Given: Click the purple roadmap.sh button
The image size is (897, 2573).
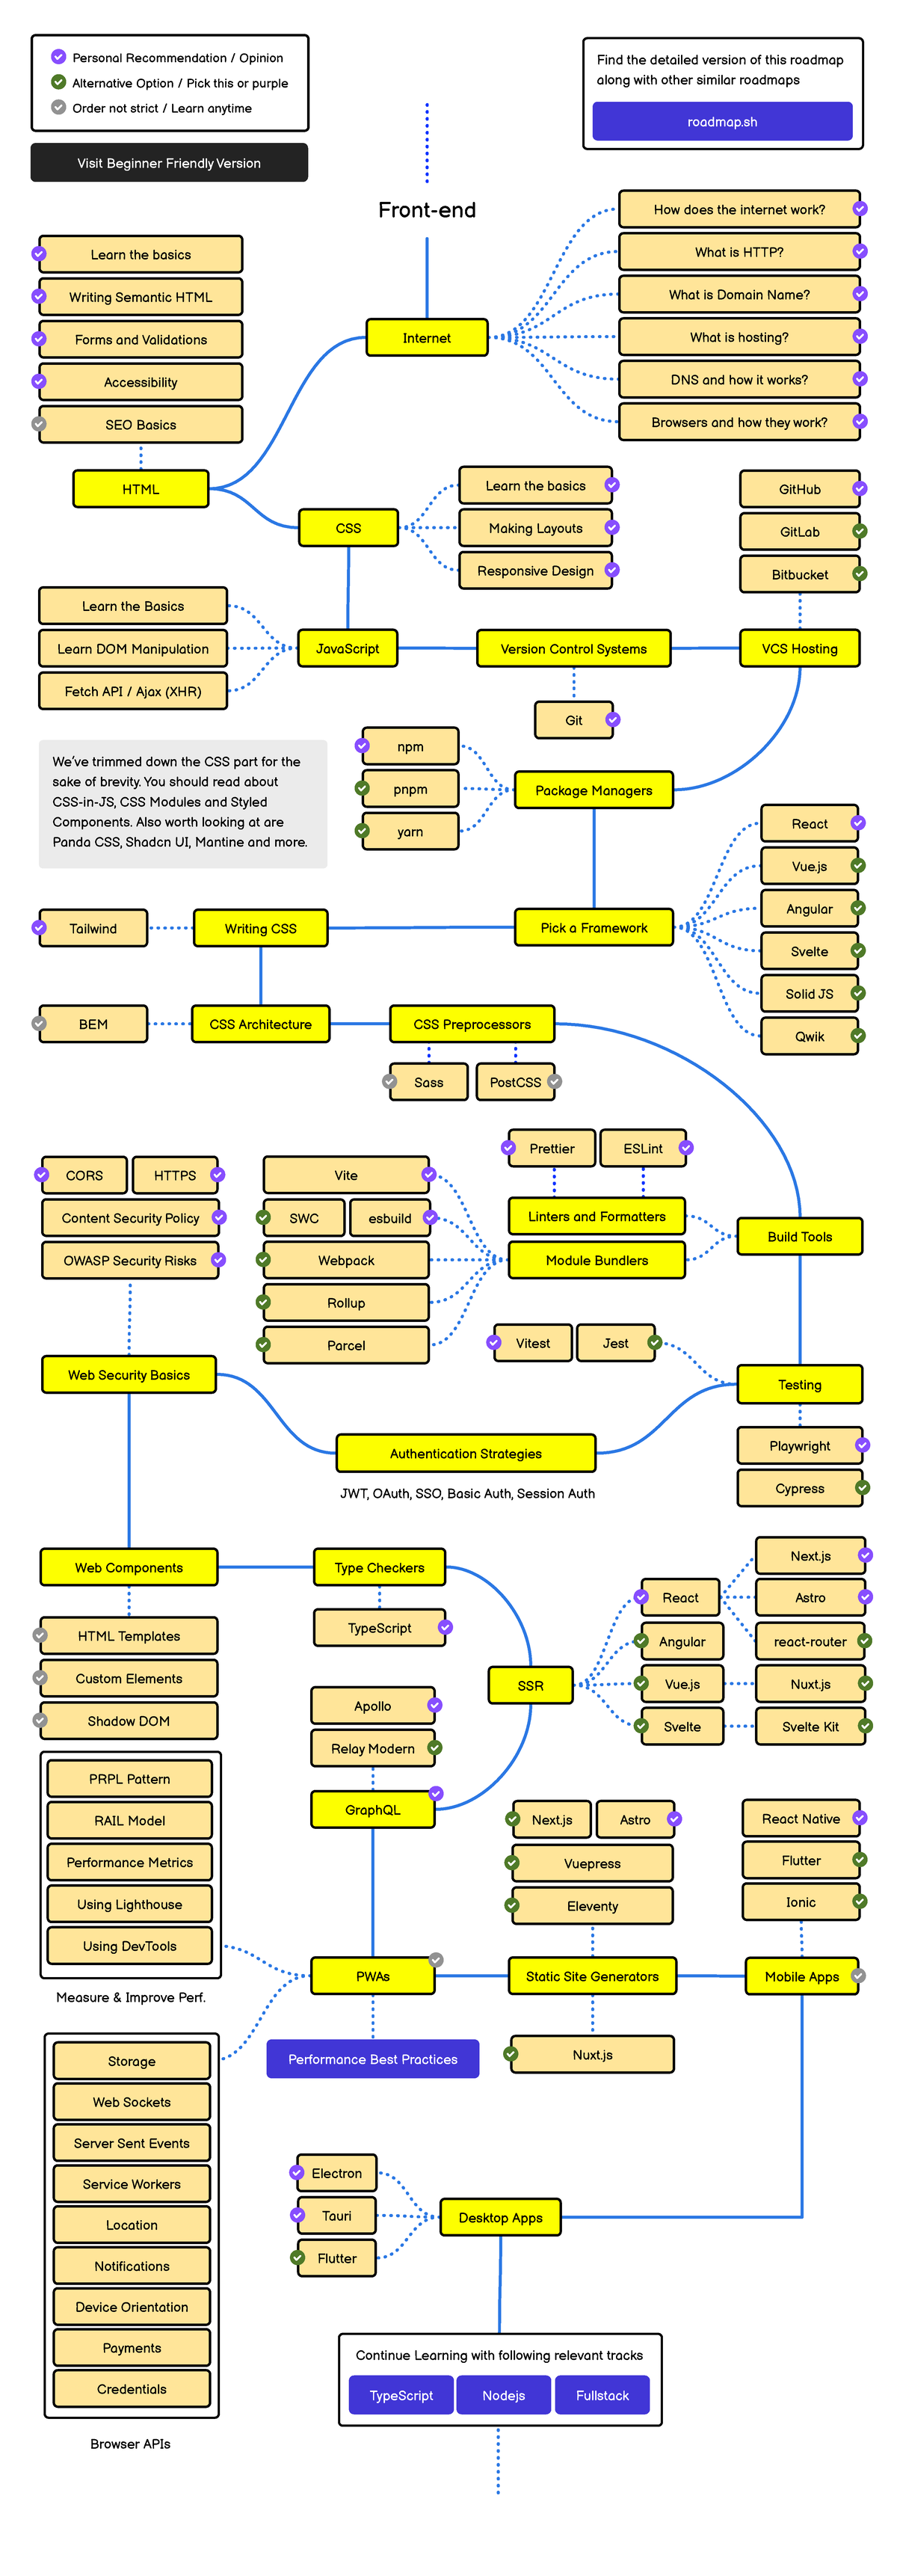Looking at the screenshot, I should pos(721,122).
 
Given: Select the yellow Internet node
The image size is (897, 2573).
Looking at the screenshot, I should pos(427,337).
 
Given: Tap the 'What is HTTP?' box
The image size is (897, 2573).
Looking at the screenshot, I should pos(739,252).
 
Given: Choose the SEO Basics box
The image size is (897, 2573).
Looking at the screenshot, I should pos(140,425).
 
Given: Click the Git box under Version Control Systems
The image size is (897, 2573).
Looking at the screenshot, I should pos(573,720).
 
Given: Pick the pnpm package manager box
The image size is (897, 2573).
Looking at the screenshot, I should pos(410,789).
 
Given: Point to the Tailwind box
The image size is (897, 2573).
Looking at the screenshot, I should pos(93,928).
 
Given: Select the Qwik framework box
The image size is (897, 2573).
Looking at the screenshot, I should pos(809,1036).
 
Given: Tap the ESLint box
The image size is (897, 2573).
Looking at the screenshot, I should pos(642,1149).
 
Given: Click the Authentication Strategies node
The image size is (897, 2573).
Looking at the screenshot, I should pos(466,1454).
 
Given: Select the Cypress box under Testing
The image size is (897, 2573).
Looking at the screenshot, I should pos(799,1488).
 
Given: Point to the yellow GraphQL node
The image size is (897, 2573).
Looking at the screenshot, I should pos(372,1810).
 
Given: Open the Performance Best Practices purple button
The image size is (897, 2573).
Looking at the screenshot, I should pos(372,2059).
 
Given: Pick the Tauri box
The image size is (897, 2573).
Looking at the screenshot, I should pos(336,2216).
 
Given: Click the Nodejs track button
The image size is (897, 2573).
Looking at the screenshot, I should pos(503,2395).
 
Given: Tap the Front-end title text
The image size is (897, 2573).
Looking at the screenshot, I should pos(427,210).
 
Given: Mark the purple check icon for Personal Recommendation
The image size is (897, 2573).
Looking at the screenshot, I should pos(59,57).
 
